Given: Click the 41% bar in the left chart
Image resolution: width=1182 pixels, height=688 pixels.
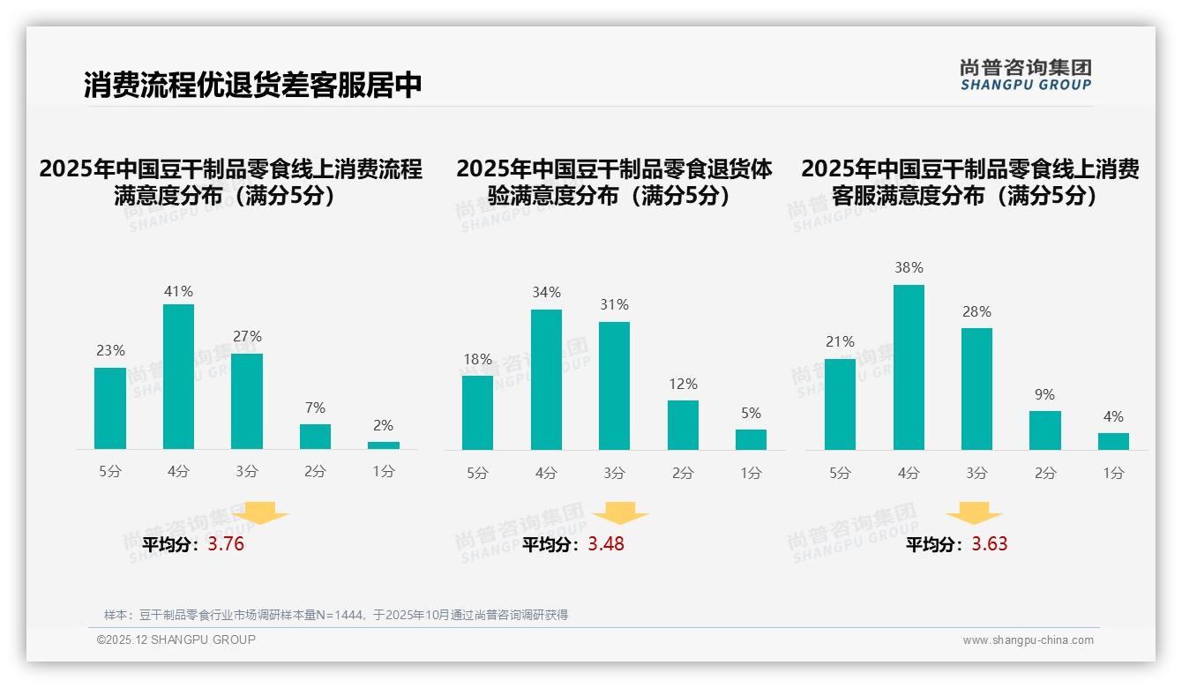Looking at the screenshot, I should pyautogui.click(x=179, y=377).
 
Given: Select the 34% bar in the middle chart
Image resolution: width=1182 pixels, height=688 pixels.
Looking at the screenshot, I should pyautogui.click(x=546, y=379).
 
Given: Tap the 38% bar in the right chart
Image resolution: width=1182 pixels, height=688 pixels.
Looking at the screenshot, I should pyautogui.click(x=909, y=367).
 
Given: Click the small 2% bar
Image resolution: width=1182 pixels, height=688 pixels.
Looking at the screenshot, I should pyautogui.click(x=384, y=445).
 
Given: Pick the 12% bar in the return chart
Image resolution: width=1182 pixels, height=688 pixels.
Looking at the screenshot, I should pyautogui.click(x=683, y=425).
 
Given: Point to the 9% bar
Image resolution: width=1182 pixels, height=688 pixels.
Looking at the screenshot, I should pyautogui.click(x=1044, y=430).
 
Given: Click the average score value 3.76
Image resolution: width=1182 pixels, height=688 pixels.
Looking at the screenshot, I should pyautogui.click(x=226, y=544).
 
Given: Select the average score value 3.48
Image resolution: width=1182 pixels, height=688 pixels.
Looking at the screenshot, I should pyautogui.click(x=606, y=544).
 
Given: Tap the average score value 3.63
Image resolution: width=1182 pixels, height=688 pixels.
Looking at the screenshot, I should pyautogui.click(x=990, y=544).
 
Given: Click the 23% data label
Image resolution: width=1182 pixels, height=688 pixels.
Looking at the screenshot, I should pyautogui.click(x=110, y=350).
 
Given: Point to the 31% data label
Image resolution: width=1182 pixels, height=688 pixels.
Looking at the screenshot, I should pyautogui.click(x=614, y=304).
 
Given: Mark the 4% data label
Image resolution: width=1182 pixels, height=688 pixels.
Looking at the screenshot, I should pyautogui.click(x=1113, y=416).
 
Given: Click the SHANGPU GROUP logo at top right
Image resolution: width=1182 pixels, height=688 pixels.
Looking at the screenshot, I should pyautogui.click(x=1025, y=75).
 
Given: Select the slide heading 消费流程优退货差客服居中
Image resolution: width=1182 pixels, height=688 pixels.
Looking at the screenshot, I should pyautogui.click(x=253, y=85).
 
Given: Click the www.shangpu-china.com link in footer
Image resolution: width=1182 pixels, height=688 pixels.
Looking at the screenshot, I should pyautogui.click(x=1028, y=640).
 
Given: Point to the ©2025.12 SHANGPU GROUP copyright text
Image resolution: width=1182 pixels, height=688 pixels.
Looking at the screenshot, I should pyautogui.click(x=176, y=639).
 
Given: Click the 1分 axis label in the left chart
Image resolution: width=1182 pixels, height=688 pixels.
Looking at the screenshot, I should pyautogui.click(x=384, y=472).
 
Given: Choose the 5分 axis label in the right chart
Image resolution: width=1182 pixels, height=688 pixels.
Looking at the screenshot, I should pyautogui.click(x=840, y=474).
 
